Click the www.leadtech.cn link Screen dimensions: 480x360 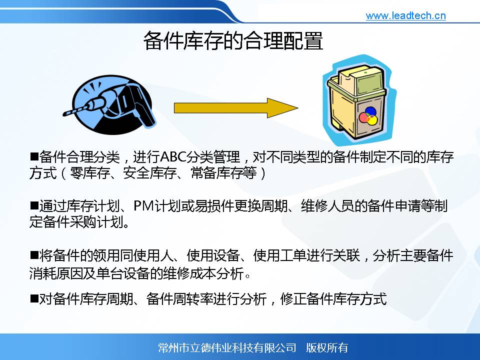405,15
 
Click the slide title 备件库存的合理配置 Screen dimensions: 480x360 233,40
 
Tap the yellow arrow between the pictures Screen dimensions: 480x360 236,108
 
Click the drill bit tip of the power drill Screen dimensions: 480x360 64,114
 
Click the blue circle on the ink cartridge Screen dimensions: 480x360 370,111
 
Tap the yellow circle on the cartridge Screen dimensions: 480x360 371,120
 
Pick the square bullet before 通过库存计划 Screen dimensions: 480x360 34,205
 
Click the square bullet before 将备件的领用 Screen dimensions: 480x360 34,254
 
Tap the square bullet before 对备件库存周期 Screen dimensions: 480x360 34,298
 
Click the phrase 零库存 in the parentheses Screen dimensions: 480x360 89,173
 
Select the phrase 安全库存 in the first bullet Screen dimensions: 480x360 150,173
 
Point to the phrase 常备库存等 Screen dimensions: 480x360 224,173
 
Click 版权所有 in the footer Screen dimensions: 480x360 327,348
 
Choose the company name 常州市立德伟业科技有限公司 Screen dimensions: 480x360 227,348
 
